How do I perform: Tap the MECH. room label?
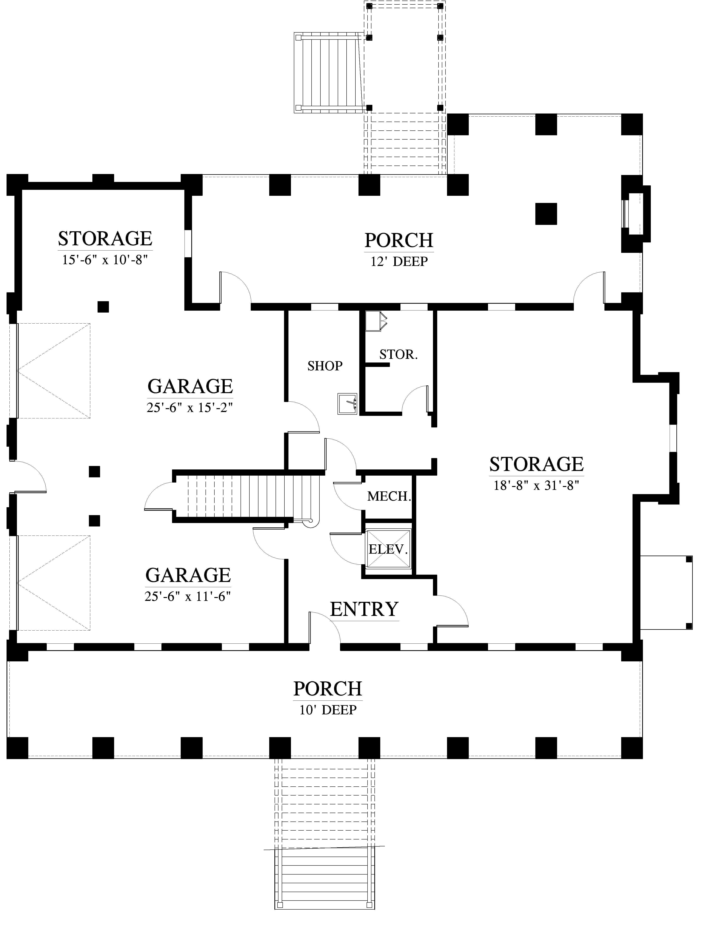pyautogui.click(x=389, y=497)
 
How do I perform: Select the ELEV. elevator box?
pyautogui.click(x=388, y=549)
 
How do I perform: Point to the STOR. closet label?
pyautogui.click(x=398, y=355)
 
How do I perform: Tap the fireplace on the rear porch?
pyautogui.click(x=636, y=214)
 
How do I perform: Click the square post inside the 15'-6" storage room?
pyautogui.click(x=103, y=307)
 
